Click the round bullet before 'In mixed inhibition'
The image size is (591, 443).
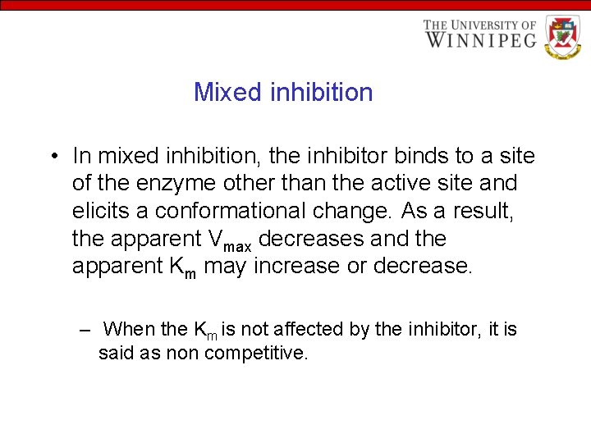[x=53, y=156]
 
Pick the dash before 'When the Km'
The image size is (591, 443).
[x=85, y=330]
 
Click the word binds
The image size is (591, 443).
[x=405, y=155]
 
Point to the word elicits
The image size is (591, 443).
[x=99, y=211]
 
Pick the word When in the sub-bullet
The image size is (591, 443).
[x=131, y=329]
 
